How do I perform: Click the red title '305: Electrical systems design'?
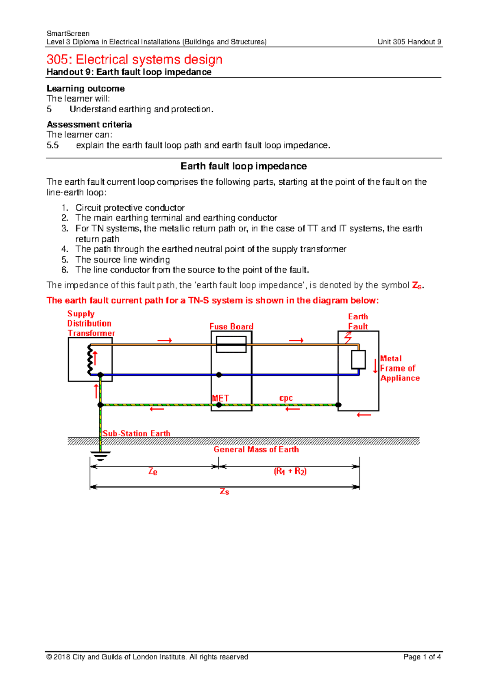pos(134,60)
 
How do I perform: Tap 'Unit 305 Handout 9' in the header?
pos(409,42)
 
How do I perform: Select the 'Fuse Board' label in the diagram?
pos(231,326)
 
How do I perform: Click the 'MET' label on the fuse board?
pos(220,398)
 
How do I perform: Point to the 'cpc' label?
pos(286,398)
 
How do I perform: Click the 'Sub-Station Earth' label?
pos(136,433)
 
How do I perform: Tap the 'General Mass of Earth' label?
pos(256,450)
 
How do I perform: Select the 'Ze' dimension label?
pos(152,472)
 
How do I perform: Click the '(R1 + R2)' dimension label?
pos(290,472)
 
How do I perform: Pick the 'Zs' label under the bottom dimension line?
pos(224,492)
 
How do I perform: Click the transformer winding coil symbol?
pos(89,359)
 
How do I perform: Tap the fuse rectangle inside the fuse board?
pos(231,344)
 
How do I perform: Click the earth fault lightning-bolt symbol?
pos(348,338)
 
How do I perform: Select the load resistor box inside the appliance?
pos(358,359)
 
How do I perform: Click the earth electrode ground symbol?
pos(100,455)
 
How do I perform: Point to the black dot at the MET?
pos(219,405)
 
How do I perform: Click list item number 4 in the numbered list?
pos(211,249)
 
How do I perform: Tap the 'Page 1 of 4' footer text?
pos(422,657)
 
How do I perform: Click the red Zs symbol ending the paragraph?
pos(417,286)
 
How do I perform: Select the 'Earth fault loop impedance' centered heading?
pos(244,166)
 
